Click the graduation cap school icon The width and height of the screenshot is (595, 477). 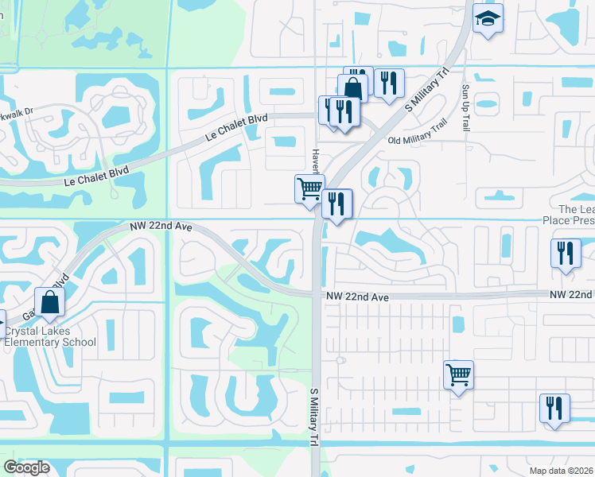pyautogui.click(x=488, y=19)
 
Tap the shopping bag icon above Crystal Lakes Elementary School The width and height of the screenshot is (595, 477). pyautogui.click(x=49, y=303)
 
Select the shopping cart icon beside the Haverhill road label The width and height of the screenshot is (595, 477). pyautogui.click(x=309, y=190)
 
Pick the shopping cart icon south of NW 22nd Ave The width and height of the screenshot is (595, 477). pyautogui.click(x=458, y=374)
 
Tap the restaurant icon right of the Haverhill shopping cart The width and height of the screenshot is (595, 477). pyautogui.click(x=337, y=204)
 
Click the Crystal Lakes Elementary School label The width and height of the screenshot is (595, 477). pyautogui.click(x=49, y=337)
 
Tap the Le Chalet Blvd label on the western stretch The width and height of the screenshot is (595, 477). pyautogui.click(x=95, y=176)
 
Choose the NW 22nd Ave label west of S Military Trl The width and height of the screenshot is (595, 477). pyautogui.click(x=161, y=227)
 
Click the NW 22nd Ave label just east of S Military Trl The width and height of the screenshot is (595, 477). pyautogui.click(x=356, y=297)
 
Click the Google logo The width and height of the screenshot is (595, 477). pyautogui.click(x=26, y=467)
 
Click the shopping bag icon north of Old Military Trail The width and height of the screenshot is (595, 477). pyautogui.click(x=353, y=88)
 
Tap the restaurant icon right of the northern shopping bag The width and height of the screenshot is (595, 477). pyautogui.click(x=388, y=83)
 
